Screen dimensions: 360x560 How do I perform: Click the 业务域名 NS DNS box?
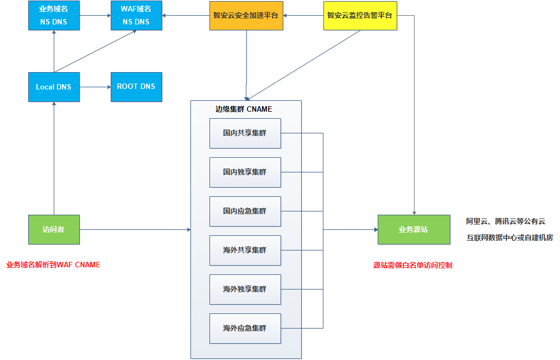[x=54, y=16]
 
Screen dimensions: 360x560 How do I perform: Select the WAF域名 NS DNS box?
[x=136, y=16]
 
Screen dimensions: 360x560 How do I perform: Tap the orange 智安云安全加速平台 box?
[x=246, y=16]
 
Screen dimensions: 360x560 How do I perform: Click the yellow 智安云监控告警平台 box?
[x=360, y=16]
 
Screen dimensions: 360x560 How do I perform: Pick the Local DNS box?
[x=54, y=87]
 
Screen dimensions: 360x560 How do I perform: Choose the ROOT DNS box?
[x=136, y=87]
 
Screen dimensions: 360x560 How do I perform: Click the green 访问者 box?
[x=54, y=230]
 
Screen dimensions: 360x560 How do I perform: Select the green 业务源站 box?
[x=413, y=230]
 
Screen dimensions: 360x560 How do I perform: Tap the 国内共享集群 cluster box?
[x=245, y=133]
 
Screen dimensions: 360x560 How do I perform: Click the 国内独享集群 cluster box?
[x=245, y=172]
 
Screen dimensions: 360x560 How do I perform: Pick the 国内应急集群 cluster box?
[x=245, y=211]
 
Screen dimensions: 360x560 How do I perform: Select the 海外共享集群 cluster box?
[x=245, y=250]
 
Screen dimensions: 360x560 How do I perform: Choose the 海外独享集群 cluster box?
[x=245, y=290]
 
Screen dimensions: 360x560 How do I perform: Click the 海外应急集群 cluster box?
[x=245, y=329]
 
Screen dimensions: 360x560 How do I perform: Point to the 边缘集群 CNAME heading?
[x=244, y=109]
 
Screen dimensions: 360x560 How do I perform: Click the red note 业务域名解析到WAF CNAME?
[x=53, y=265]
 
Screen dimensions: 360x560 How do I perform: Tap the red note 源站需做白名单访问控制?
[x=412, y=266]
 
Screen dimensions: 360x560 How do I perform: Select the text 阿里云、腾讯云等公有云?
[x=505, y=222]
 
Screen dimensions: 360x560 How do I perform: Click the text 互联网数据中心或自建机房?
[x=510, y=238]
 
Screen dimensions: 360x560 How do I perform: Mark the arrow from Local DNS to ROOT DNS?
[x=95, y=87]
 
